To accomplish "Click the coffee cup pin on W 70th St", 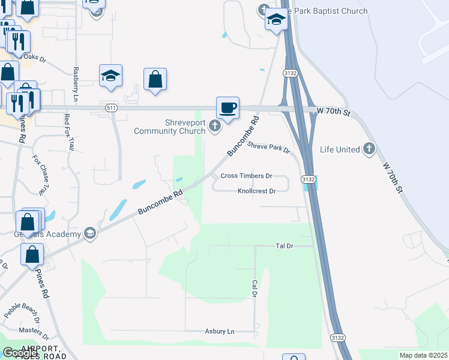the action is coord(228,108).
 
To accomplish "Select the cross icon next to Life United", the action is coord(369,149).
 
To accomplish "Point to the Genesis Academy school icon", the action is coord(90,233).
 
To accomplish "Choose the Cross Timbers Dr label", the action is coord(246,176).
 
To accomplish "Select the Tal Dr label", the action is coord(284,246).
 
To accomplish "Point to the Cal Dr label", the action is coord(255,289).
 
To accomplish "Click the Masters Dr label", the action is coord(29,330).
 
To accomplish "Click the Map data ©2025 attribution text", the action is coord(423,355).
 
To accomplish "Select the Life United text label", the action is coord(340,149).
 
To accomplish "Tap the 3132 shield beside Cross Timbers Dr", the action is coord(309,179).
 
